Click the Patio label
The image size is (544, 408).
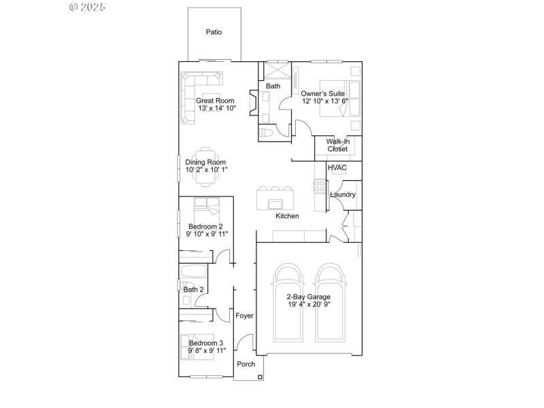(x=214, y=32)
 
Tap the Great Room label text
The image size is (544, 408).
(x=215, y=101)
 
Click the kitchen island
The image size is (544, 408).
(x=275, y=203)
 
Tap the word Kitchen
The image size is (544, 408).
(x=287, y=216)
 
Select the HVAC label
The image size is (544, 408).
(x=337, y=167)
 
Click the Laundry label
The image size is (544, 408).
(x=343, y=195)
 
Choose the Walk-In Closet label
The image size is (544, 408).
(x=337, y=145)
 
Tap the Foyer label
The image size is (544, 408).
(x=245, y=316)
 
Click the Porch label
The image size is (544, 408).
(x=246, y=364)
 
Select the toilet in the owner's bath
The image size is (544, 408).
(x=267, y=133)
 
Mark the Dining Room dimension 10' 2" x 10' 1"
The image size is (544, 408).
(x=207, y=170)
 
